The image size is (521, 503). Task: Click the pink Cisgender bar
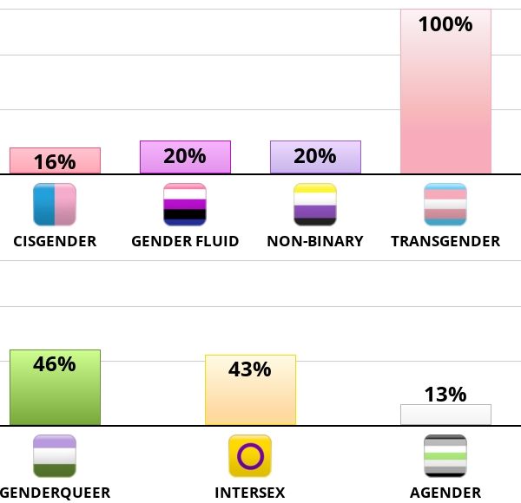pyautogui.click(x=55, y=160)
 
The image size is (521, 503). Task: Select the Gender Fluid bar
pyautogui.click(x=185, y=157)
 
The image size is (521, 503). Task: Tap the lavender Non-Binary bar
pyautogui.click(x=315, y=157)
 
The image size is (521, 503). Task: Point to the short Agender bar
pyautogui.click(x=445, y=415)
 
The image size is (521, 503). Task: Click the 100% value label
pyautogui.click(x=445, y=24)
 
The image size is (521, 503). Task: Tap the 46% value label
pyautogui.click(x=55, y=364)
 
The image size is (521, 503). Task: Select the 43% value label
pyautogui.click(x=250, y=369)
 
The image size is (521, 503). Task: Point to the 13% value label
pyautogui.click(x=445, y=395)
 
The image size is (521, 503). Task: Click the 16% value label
pyautogui.click(x=55, y=162)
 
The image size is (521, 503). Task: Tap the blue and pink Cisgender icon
pyautogui.click(x=55, y=205)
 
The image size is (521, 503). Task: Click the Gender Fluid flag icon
pyautogui.click(x=185, y=205)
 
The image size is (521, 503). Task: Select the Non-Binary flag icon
pyautogui.click(x=315, y=205)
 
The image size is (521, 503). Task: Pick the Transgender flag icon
pyautogui.click(x=445, y=205)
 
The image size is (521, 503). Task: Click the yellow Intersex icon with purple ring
pyautogui.click(x=250, y=456)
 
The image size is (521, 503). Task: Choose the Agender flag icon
pyautogui.click(x=445, y=456)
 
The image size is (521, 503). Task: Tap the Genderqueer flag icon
pyautogui.click(x=55, y=456)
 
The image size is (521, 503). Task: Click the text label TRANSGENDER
pyautogui.click(x=445, y=241)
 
